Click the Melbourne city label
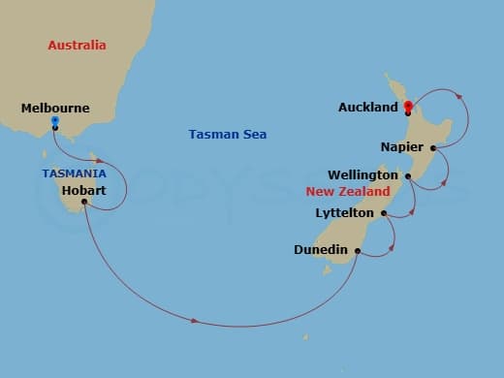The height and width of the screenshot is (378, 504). (x=54, y=110)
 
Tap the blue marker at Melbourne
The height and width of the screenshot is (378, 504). (x=55, y=121)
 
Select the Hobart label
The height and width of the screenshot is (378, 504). (x=83, y=191)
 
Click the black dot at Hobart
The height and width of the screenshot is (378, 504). (x=85, y=202)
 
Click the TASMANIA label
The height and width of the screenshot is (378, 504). (x=75, y=173)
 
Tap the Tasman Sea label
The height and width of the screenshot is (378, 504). (x=228, y=135)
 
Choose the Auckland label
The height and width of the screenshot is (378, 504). (x=368, y=107)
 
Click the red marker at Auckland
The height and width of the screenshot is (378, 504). (x=408, y=106)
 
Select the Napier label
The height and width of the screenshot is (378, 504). (x=401, y=148)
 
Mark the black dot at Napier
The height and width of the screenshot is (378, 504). (x=432, y=148)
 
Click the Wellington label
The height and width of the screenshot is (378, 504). (x=362, y=175)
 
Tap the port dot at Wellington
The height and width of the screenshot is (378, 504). (x=408, y=175)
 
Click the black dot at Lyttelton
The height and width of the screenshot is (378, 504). (x=384, y=213)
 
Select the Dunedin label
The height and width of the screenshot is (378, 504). (x=321, y=250)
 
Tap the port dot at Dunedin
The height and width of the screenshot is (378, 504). (x=359, y=251)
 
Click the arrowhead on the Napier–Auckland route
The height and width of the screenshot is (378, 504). (x=458, y=97)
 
